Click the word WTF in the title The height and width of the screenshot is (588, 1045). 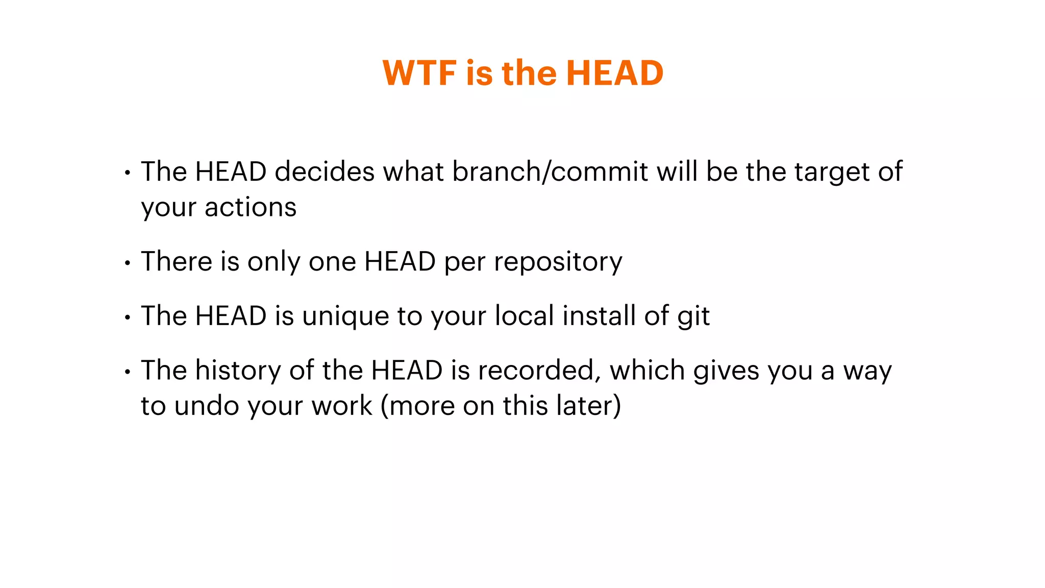[x=419, y=72]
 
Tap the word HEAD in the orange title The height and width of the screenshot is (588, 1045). [x=614, y=72]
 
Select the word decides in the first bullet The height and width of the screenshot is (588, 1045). [x=325, y=171]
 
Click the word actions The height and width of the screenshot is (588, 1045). [x=250, y=208]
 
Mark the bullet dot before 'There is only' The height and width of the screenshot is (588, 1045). [x=128, y=263]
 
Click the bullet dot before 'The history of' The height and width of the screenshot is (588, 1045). [x=128, y=372]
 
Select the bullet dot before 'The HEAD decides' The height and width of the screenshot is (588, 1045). [x=128, y=174]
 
